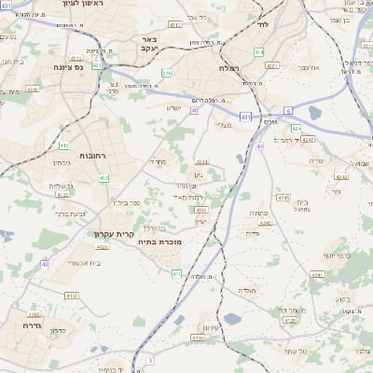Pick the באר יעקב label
click(151, 45)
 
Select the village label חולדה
click(248, 291)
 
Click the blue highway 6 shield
click(288, 110)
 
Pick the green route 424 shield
click(296, 128)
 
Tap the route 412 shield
click(104, 178)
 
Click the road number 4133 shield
click(71, 295)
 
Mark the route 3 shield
click(149, 359)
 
